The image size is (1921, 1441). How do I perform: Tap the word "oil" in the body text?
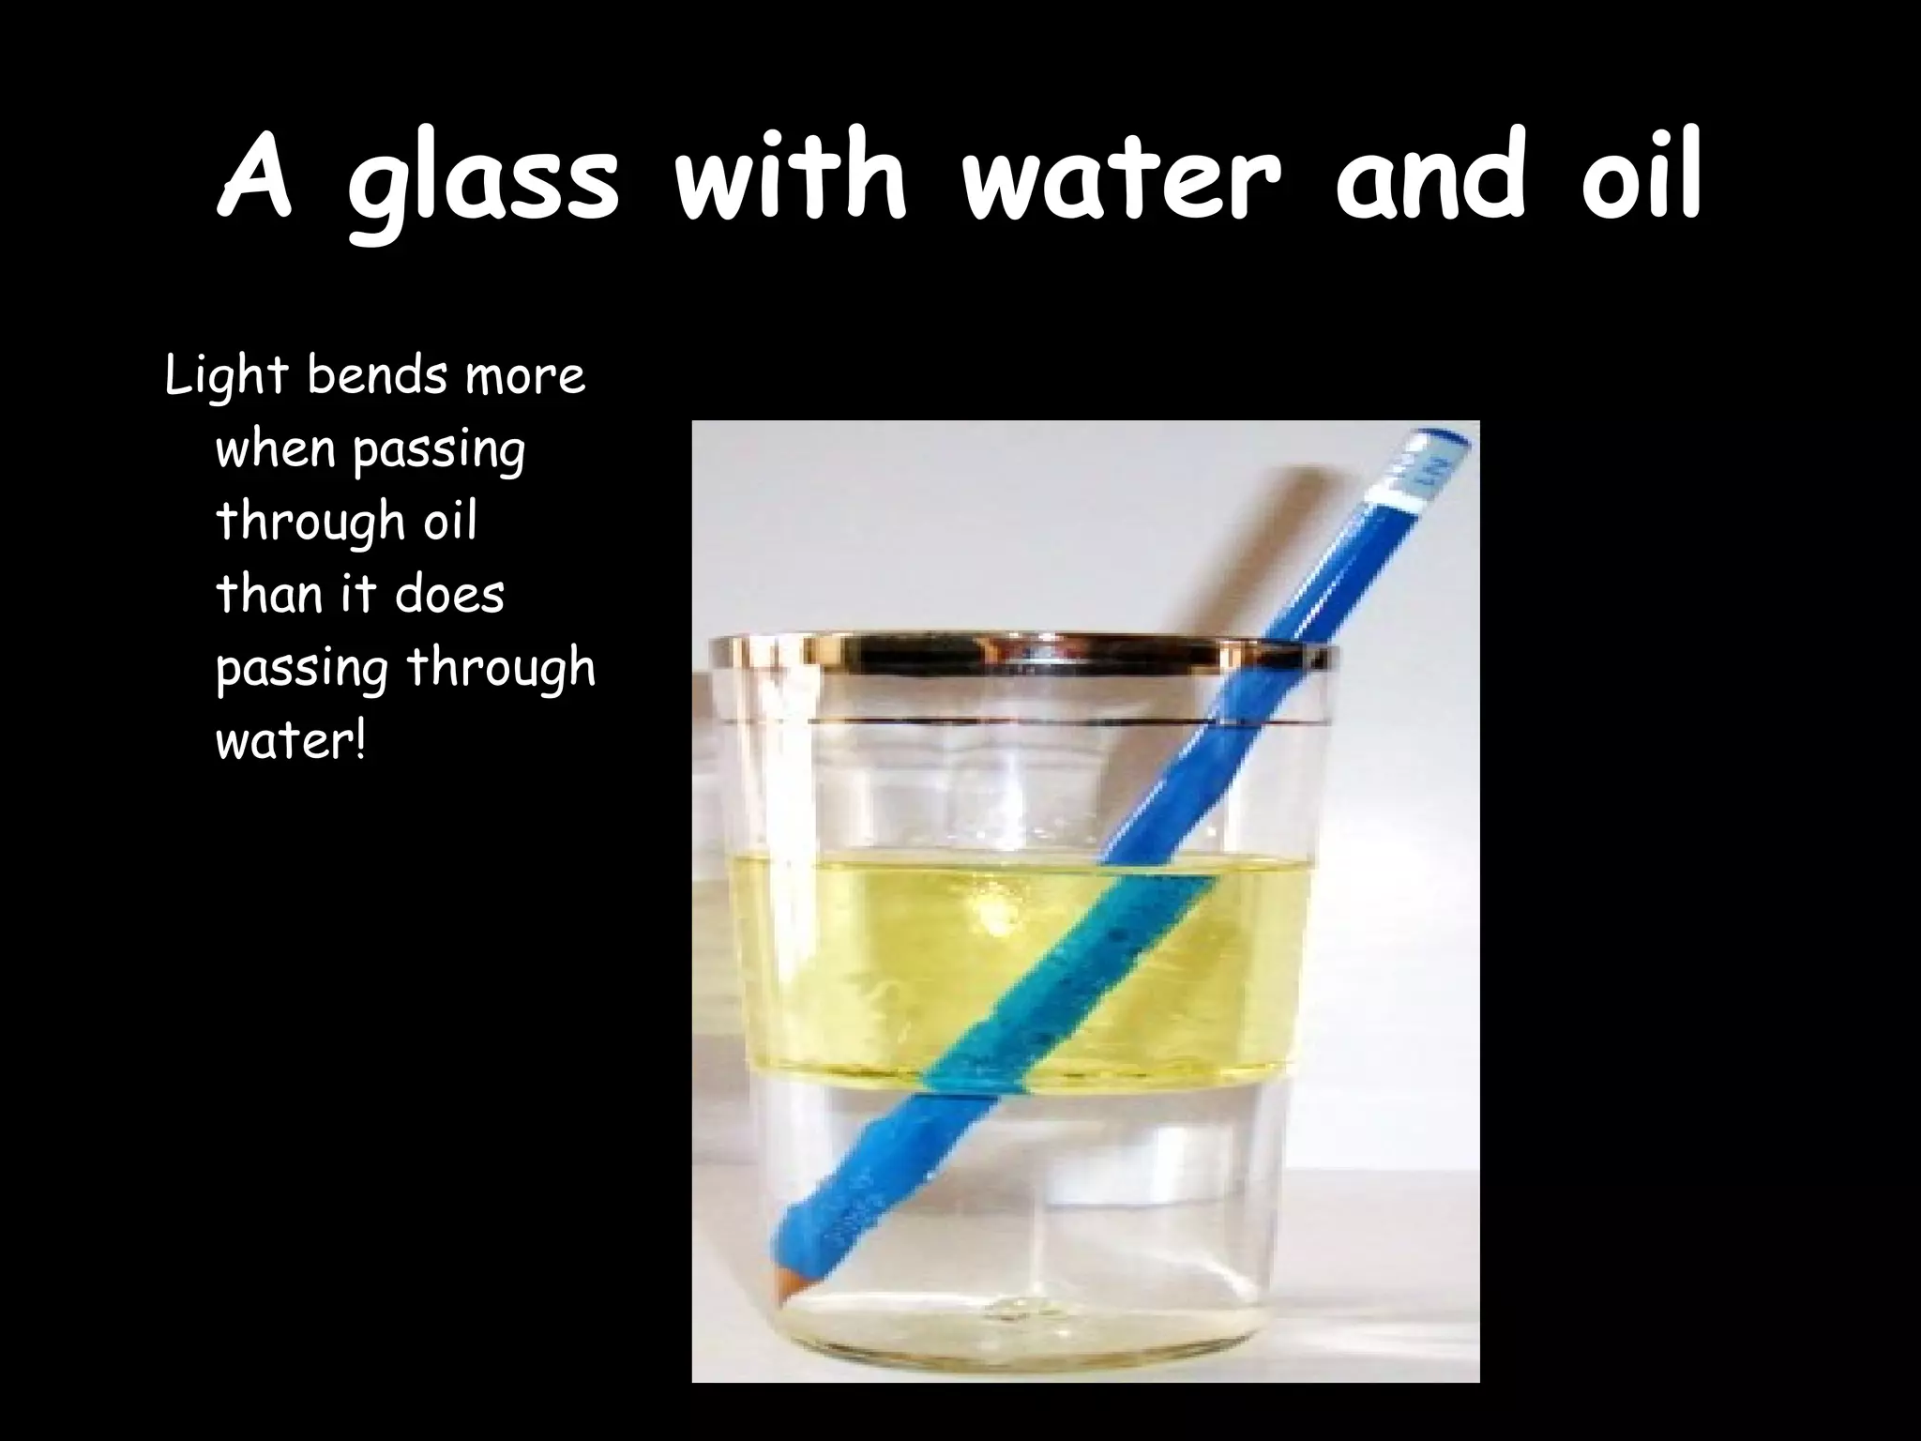click(x=450, y=522)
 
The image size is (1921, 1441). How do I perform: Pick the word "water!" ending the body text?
click(x=290, y=742)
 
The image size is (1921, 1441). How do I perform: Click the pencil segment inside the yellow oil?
click(x=1060, y=976)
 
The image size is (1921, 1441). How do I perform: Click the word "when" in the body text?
click(x=275, y=450)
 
